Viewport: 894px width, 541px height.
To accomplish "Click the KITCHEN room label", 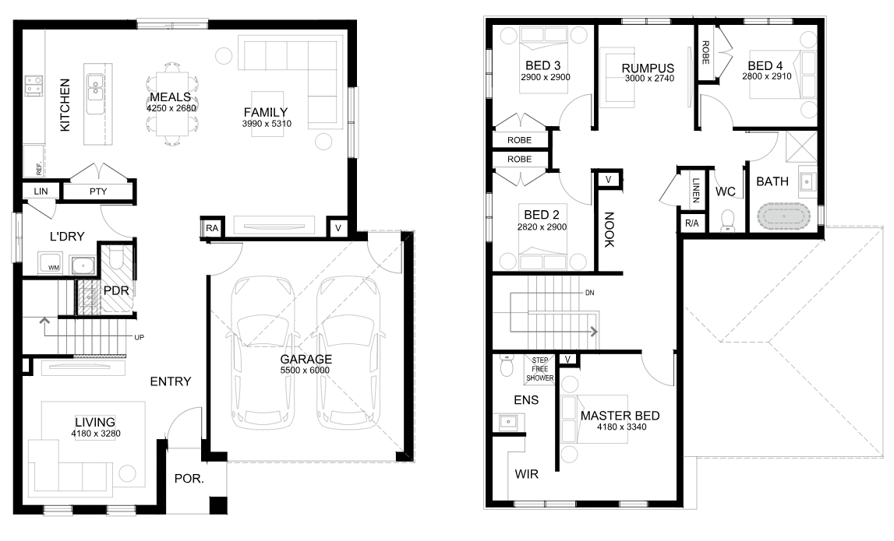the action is (x=65, y=105).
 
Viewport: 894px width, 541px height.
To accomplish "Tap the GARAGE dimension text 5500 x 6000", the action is (x=305, y=371).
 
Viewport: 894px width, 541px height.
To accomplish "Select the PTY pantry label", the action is (x=98, y=191).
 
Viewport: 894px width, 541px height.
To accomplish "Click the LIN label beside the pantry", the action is (x=41, y=191).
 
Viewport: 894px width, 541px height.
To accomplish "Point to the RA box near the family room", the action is (x=212, y=228).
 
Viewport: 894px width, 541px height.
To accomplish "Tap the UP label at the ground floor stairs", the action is (x=139, y=337).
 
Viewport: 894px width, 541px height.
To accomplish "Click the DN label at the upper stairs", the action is (x=589, y=293).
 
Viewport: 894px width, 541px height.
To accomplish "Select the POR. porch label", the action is (x=189, y=479).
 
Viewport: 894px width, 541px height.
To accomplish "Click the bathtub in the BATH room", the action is (x=783, y=216).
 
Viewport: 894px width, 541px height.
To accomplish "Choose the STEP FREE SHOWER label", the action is (x=539, y=369).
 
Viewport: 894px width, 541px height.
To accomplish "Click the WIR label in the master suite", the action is (x=526, y=474).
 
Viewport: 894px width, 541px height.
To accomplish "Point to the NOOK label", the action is (x=609, y=230).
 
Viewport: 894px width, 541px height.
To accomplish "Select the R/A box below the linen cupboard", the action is (x=691, y=223).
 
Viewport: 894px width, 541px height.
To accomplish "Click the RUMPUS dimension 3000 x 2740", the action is (x=649, y=79).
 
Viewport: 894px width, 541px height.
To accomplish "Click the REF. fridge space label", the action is (x=39, y=169).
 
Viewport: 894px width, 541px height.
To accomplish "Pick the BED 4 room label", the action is (x=765, y=66).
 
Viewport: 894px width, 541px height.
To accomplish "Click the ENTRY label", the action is (x=171, y=381).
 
